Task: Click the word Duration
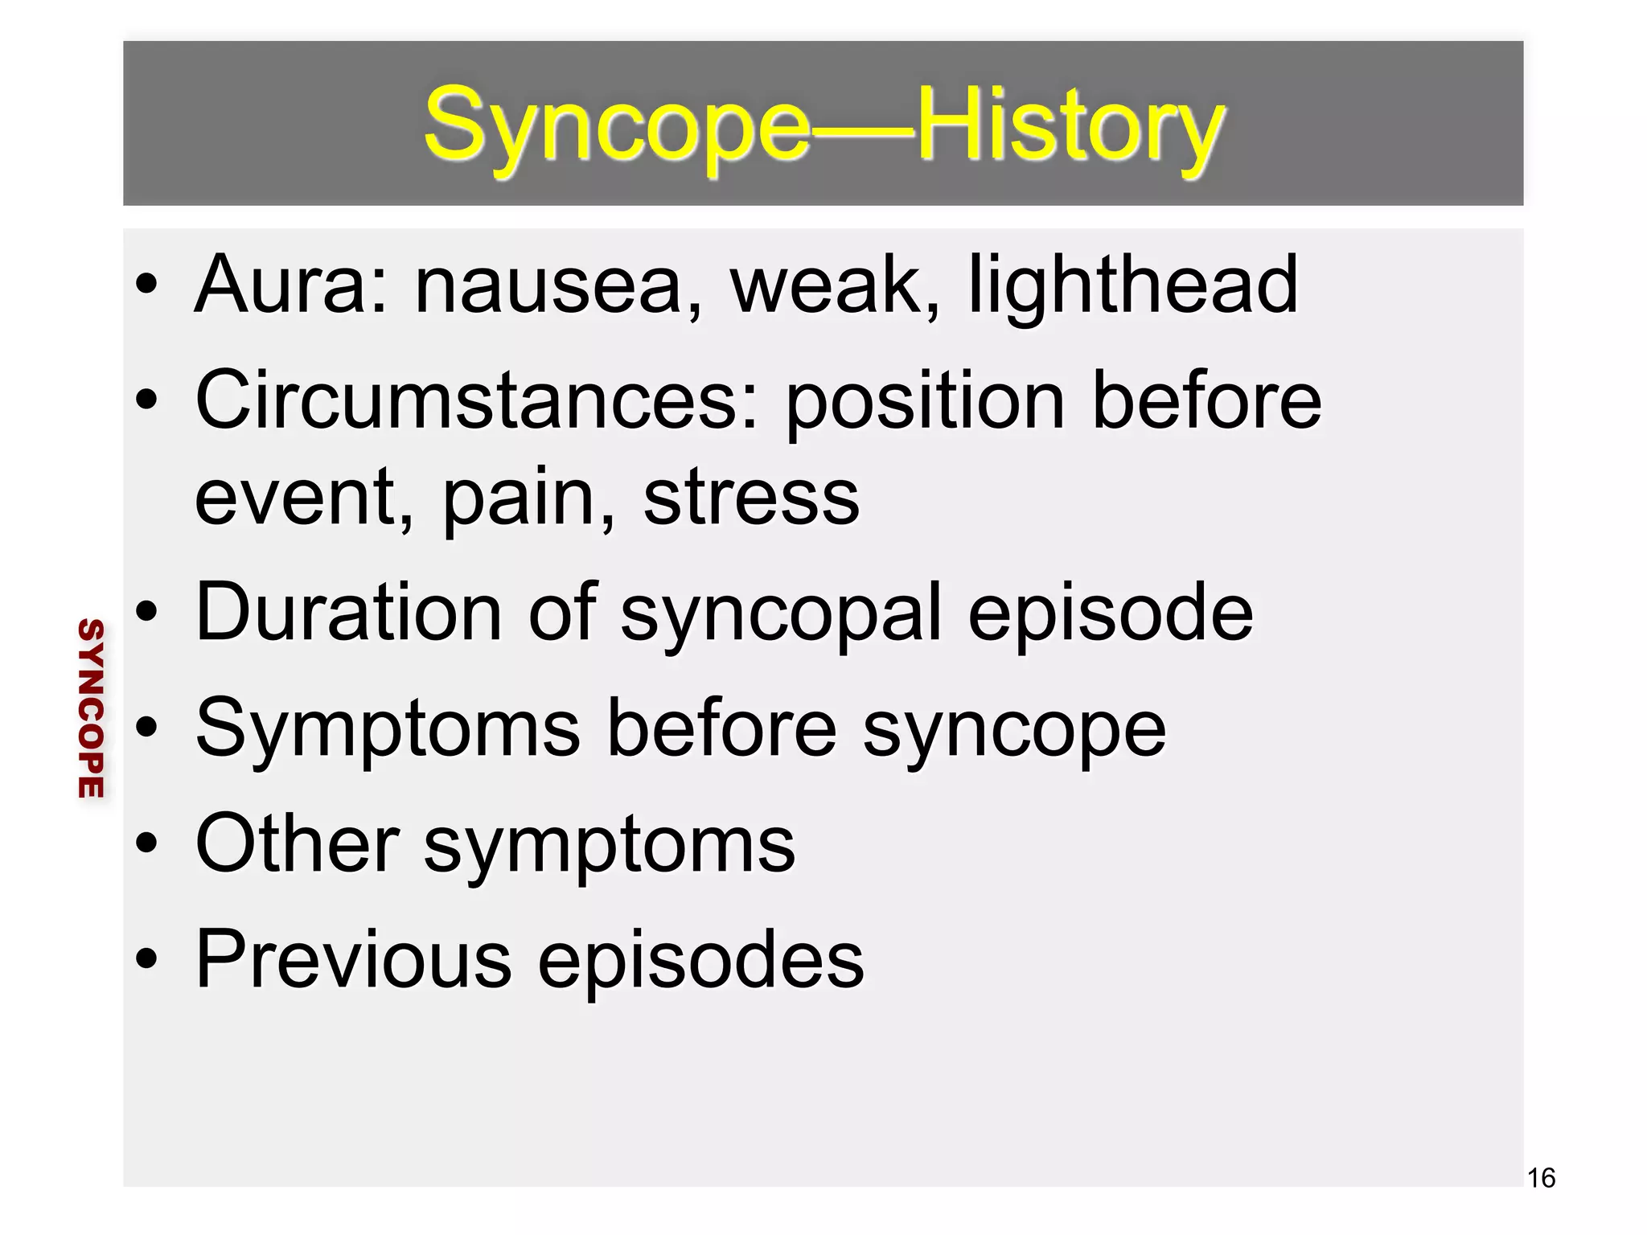(349, 613)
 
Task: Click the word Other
(298, 843)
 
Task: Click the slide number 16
(1541, 1178)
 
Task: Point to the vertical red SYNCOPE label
(91, 708)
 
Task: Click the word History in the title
(1070, 126)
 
